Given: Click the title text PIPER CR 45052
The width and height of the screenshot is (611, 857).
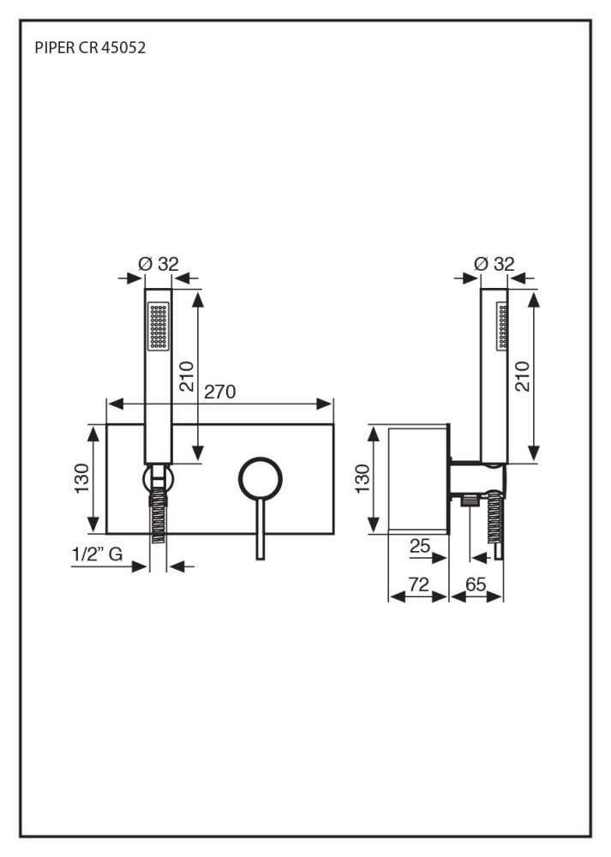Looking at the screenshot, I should tap(91, 49).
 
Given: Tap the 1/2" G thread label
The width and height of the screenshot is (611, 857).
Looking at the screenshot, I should tap(96, 555).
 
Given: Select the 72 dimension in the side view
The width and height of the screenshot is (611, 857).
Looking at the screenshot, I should tap(418, 584).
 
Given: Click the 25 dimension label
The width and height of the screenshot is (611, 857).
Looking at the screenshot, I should tap(420, 544).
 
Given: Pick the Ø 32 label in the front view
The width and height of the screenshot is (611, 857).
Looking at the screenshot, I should tap(159, 264).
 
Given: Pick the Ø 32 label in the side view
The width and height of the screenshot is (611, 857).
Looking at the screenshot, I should tap(494, 264).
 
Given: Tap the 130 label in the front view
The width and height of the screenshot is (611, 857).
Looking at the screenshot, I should tap(80, 478).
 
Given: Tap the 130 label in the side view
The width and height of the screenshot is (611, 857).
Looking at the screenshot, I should tap(362, 478).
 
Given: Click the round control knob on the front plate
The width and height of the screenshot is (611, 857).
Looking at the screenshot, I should tap(260, 479).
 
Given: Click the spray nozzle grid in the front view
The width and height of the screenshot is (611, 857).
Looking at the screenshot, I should tap(158, 326).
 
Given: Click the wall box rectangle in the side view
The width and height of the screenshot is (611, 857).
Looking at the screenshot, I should tap(419, 478).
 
